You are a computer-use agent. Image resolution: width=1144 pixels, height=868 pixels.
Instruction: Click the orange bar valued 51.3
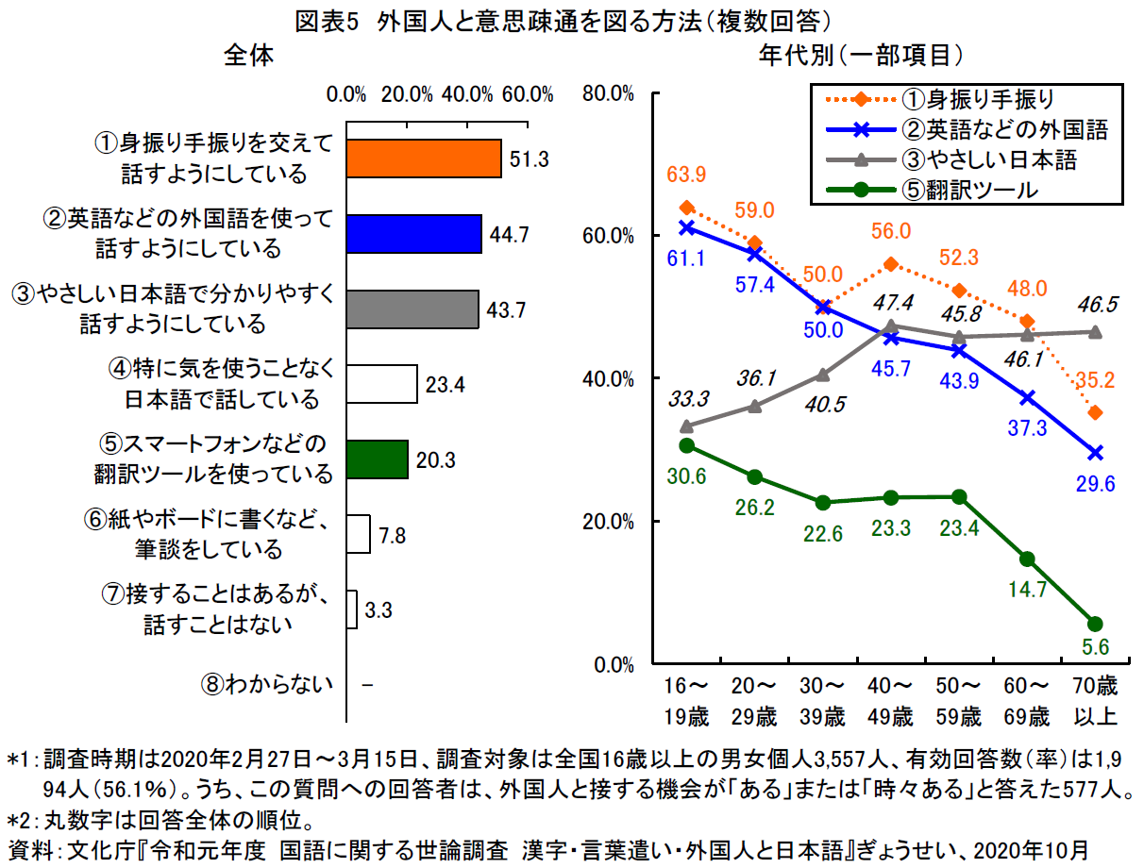[423, 159]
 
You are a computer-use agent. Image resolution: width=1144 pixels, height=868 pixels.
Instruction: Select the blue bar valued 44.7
[413, 234]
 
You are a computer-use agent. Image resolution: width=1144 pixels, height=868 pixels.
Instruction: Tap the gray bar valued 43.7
[412, 309]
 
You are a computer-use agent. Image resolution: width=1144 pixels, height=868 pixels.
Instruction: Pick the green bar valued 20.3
[377, 459]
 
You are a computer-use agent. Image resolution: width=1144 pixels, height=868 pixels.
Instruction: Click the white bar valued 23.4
[381, 384]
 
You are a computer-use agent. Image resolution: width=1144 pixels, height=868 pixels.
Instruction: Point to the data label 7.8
[393, 535]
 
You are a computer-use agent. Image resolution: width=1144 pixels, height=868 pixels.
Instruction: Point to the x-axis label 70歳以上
[1095, 700]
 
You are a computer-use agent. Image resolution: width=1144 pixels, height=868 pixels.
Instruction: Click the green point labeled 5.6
[1095, 624]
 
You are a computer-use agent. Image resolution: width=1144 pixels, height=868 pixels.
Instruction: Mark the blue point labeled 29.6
[1095, 453]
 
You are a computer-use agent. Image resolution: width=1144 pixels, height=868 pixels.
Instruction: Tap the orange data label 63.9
[685, 175]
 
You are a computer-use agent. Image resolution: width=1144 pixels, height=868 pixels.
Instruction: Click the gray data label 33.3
[685, 399]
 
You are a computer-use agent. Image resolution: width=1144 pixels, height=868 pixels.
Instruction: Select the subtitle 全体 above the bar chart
[248, 56]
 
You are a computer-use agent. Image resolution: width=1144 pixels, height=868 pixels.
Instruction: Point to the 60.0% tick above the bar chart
[527, 93]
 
